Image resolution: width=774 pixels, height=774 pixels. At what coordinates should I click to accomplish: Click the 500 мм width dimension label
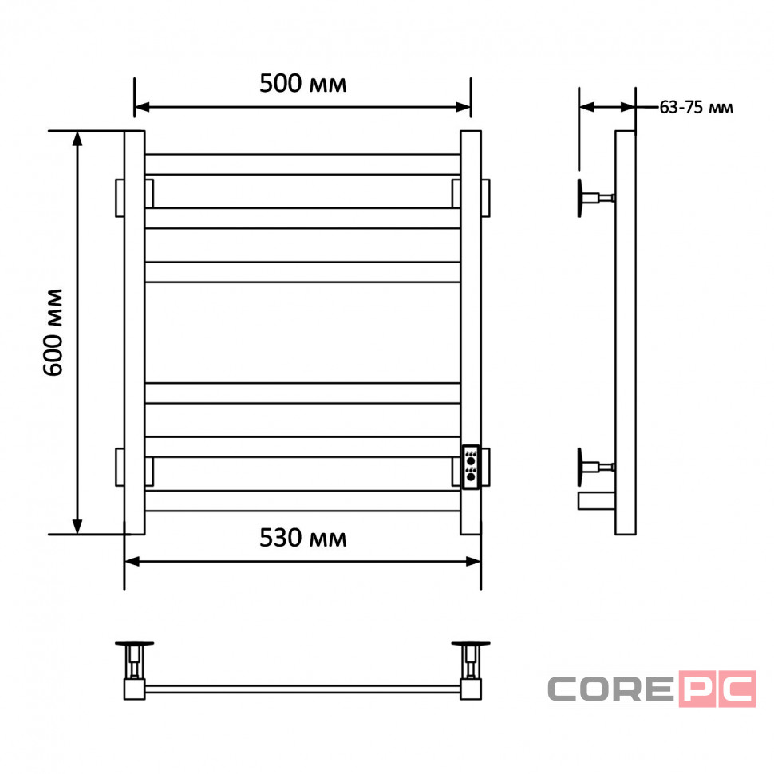click(302, 84)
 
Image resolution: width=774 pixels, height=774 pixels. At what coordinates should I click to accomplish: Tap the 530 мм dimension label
click(302, 538)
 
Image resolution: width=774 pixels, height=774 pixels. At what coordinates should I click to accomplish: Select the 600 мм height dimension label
click(53, 333)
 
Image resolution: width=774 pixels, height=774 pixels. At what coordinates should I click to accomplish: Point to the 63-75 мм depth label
click(696, 107)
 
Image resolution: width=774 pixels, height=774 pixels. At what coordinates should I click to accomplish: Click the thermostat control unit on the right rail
click(471, 467)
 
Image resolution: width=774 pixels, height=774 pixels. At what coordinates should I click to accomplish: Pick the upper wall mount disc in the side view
click(580, 198)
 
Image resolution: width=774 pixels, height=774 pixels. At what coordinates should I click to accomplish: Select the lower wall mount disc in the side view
click(580, 467)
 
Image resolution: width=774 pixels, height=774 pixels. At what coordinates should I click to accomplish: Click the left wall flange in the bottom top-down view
click(134, 643)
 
